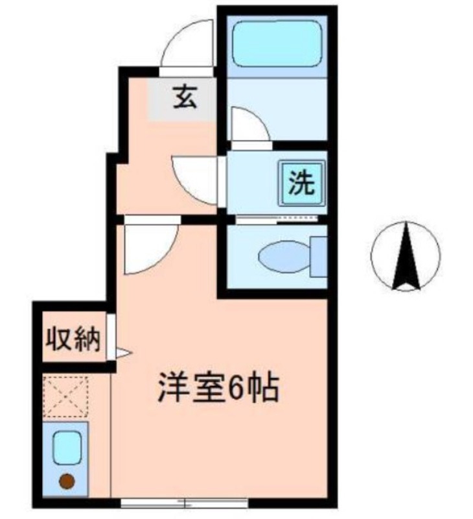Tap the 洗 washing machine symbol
[301, 184]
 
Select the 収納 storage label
[73, 339]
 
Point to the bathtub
[277, 43]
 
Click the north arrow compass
[406, 255]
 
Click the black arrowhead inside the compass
[407, 256]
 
